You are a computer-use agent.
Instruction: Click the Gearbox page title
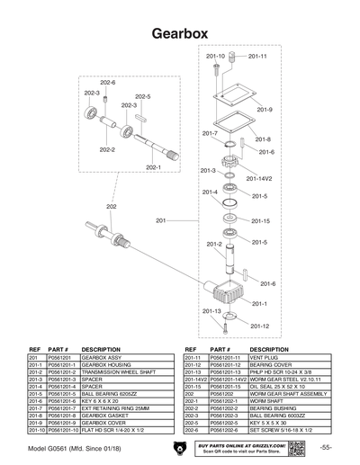pos(179,33)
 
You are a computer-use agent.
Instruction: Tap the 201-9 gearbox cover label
pos(265,110)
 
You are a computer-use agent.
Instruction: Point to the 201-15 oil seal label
pos(260,220)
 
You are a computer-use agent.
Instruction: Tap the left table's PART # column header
pos(58,348)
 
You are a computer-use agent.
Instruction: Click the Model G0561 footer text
pos(72,447)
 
